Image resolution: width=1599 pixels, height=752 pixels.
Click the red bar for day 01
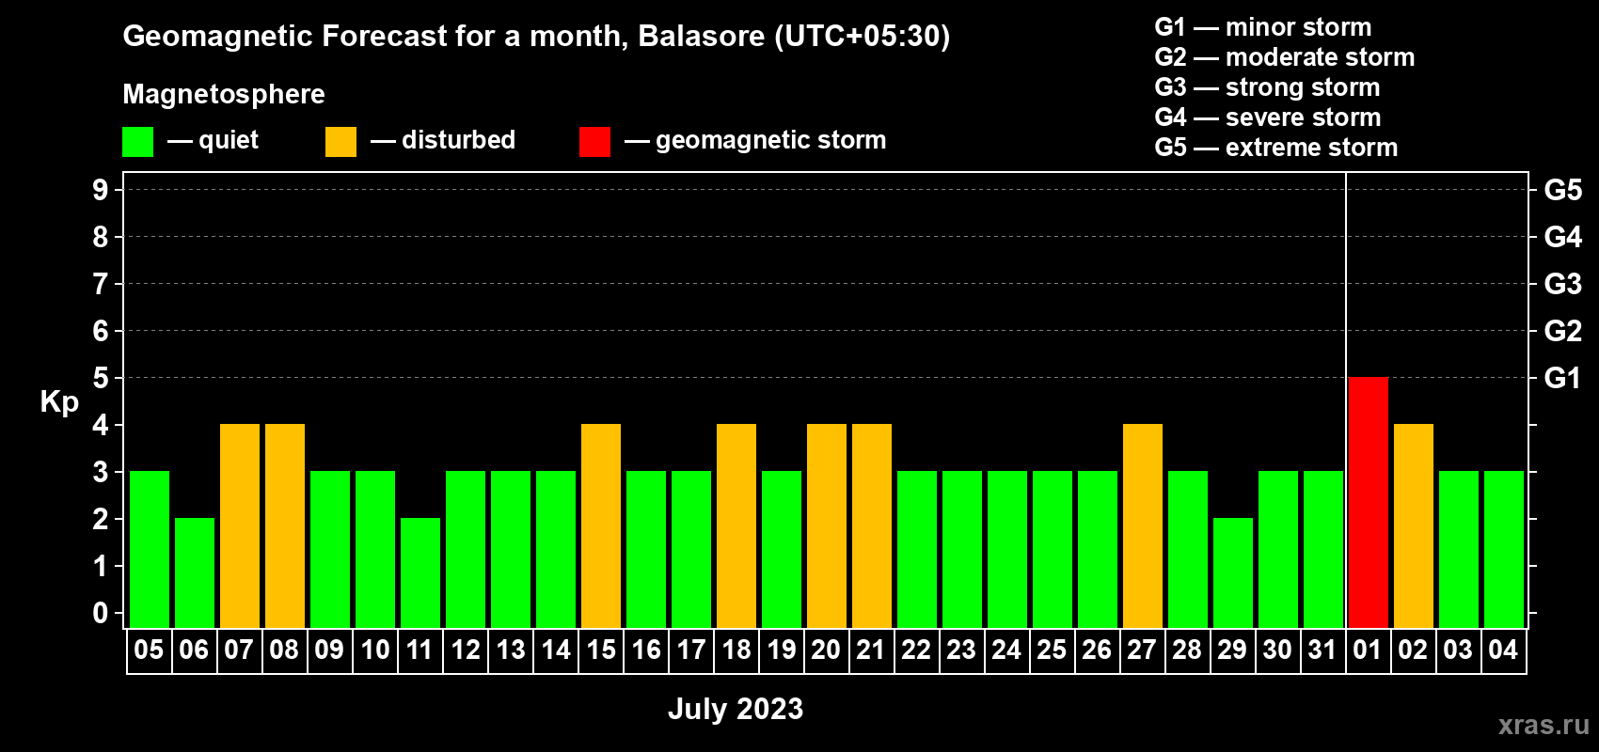pyautogui.click(x=1369, y=502)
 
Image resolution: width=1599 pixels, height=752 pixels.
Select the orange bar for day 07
pyautogui.click(x=240, y=525)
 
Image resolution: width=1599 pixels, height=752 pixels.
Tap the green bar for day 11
pyautogui.click(x=420, y=572)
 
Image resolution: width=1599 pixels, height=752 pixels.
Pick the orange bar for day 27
pyautogui.click(x=1143, y=525)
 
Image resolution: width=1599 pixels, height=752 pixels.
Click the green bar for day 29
pyautogui.click(x=1233, y=572)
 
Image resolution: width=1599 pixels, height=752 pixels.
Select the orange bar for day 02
pyautogui.click(x=1414, y=525)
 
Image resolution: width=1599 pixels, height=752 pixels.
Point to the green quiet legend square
pyautogui.click(x=137, y=141)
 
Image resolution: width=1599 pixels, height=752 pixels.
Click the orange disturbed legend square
pyautogui.click(x=340, y=141)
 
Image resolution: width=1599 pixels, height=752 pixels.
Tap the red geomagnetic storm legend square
pyautogui.click(x=594, y=141)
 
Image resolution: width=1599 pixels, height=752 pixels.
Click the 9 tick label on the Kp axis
pyautogui.click(x=100, y=190)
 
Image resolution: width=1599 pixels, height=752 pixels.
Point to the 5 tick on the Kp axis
pyautogui.click(x=100, y=378)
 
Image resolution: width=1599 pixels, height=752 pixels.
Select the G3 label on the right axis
pyautogui.click(x=1562, y=284)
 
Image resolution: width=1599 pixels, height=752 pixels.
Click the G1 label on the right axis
pyautogui.click(x=1562, y=378)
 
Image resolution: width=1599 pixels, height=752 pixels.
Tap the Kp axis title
pyautogui.click(x=59, y=402)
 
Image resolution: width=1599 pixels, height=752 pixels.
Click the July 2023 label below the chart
pyautogui.click(x=736, y=709)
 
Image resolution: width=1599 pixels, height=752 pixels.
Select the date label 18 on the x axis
pyautogui.click(x=736, y=650)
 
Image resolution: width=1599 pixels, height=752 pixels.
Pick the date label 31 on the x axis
pyautogui.click(x=1322, y=650)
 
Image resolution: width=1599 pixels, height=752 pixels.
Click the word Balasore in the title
pyautogui.click(x=701, y=36)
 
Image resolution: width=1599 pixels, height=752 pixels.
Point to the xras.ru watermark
pyautogui.click(x=1544, y=725)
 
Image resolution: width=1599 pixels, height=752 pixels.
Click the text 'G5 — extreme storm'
pyautogui.click(x=1275, y=148)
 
